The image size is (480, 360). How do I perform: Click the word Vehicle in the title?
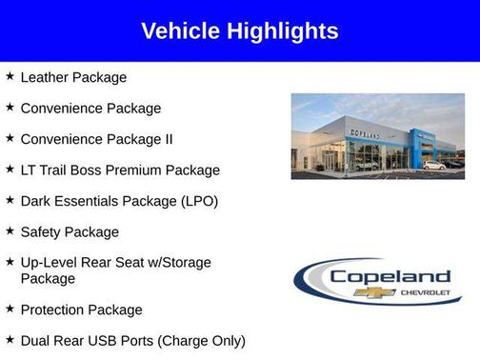click(x=181, y=31)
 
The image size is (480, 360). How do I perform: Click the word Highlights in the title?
click(x=282, y=31)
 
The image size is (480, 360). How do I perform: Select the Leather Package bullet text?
click(x=73, y=77)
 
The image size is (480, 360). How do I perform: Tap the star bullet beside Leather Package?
click(x=10, y=76)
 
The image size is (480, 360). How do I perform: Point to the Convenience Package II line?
click(x=96, y=139)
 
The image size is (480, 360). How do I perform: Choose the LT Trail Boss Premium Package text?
click(x=120, y=170)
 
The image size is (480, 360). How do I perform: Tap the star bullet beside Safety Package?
click(x=10, y=230)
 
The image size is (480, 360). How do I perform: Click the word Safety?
click(x=42, y=231)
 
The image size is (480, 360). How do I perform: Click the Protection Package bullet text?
click(x=81, y=310)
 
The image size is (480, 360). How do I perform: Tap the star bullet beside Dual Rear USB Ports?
click(x=10, y=339)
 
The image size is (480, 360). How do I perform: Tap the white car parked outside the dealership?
click(x=434, y=166)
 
